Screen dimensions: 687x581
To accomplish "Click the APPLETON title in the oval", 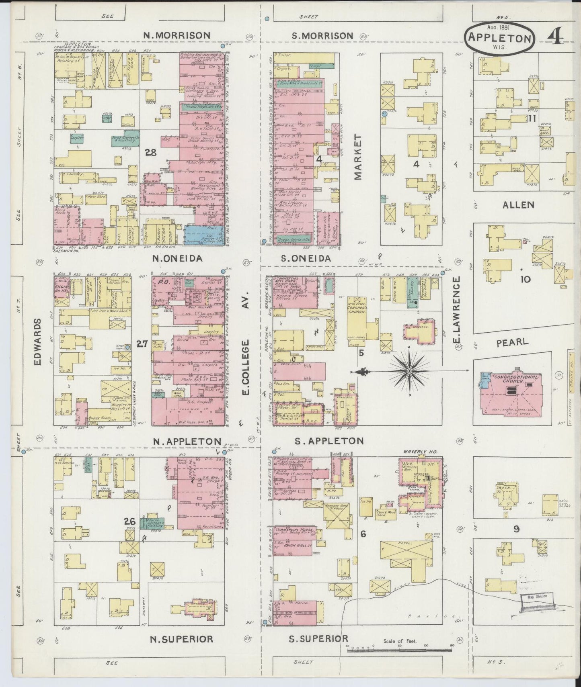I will [500, 38].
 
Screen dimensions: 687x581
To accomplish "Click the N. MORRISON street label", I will [177, 35].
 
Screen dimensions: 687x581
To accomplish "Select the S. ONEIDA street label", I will [306, 259].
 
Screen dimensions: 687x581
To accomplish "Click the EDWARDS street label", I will [38, 342].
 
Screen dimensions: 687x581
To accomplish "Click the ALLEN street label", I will [519, 205].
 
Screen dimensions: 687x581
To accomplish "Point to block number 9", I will [516, 529].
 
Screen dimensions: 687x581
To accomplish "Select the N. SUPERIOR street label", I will [181, 639].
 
